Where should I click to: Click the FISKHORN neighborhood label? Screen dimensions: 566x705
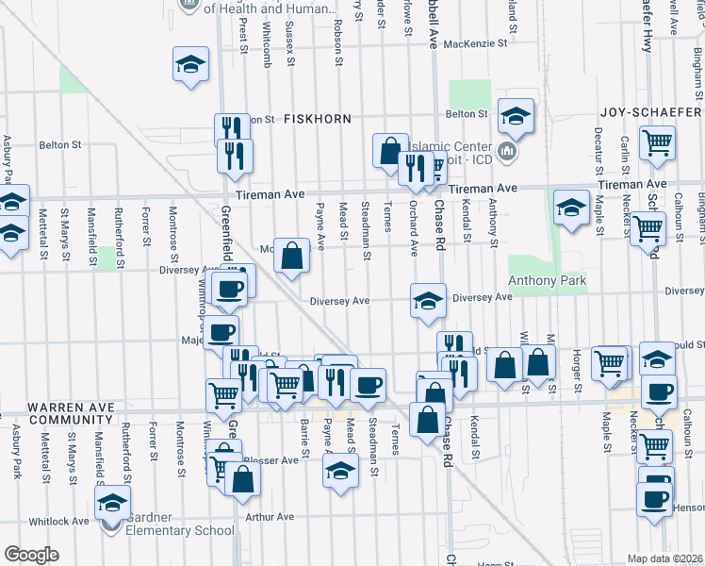tap(320, 119)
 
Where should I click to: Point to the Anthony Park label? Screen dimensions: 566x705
tap(548, 281)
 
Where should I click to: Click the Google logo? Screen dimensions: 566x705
tap(31, 555)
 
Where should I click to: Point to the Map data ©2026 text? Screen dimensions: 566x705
tap(665, 558)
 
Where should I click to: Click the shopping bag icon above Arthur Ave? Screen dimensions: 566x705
tap(242, 478)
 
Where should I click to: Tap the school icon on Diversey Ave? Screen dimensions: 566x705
tap(428, 301)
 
